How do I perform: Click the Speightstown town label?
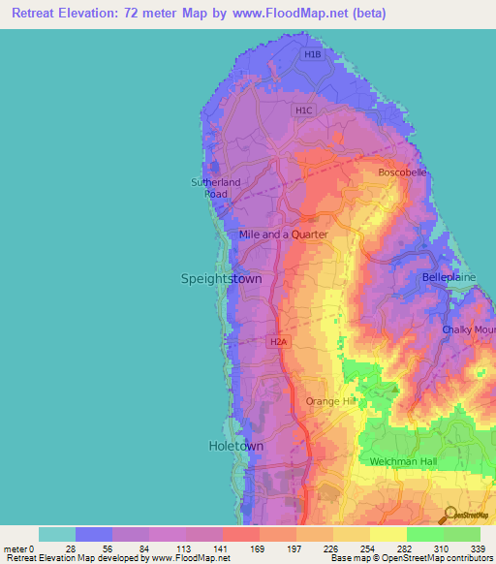[x=221, y=278]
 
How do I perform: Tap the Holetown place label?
[x=235, y=446]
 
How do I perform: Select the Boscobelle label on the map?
[x=401, y=172]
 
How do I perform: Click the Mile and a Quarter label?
[x=283, y=235]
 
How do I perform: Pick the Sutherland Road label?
[x=215, y=188]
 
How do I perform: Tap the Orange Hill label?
[x=332, y=401]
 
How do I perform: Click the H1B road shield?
[x=311, y=55]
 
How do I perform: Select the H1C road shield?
[x=304, y=110]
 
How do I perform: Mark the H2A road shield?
[x=278, y=341]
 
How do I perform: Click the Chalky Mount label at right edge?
[x=469, y=330]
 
